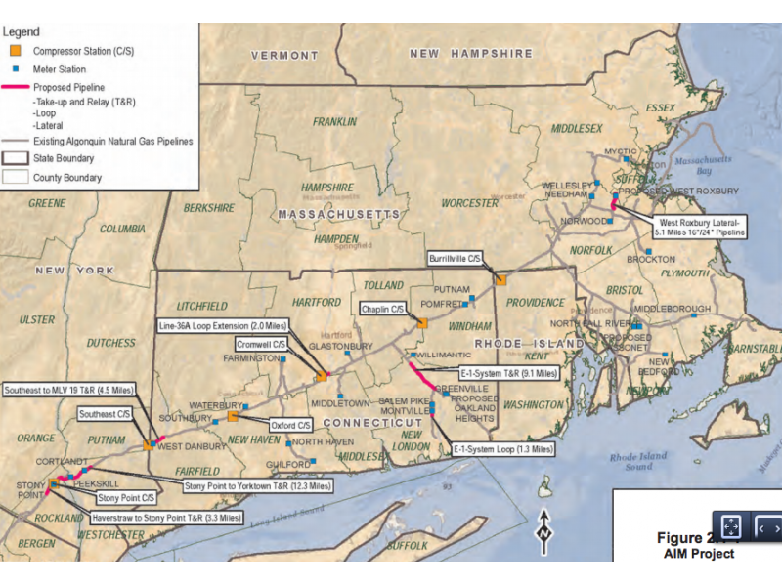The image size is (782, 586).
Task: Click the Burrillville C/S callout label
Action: tap(456, 259)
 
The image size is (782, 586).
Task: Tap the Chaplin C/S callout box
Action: tap(382, 309)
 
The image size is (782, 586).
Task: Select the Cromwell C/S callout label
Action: tap(261, 345)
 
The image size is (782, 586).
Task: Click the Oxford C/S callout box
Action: tap(290, 426)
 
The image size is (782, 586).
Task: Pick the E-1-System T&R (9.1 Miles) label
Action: tap(508, 373)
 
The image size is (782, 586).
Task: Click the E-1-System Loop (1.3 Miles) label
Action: tap(502, 450)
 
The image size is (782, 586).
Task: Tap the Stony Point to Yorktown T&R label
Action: tap(259, 484)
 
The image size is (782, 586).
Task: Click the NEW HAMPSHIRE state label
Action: tap(471, 54)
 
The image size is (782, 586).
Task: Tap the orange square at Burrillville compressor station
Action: tap(500, 278)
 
